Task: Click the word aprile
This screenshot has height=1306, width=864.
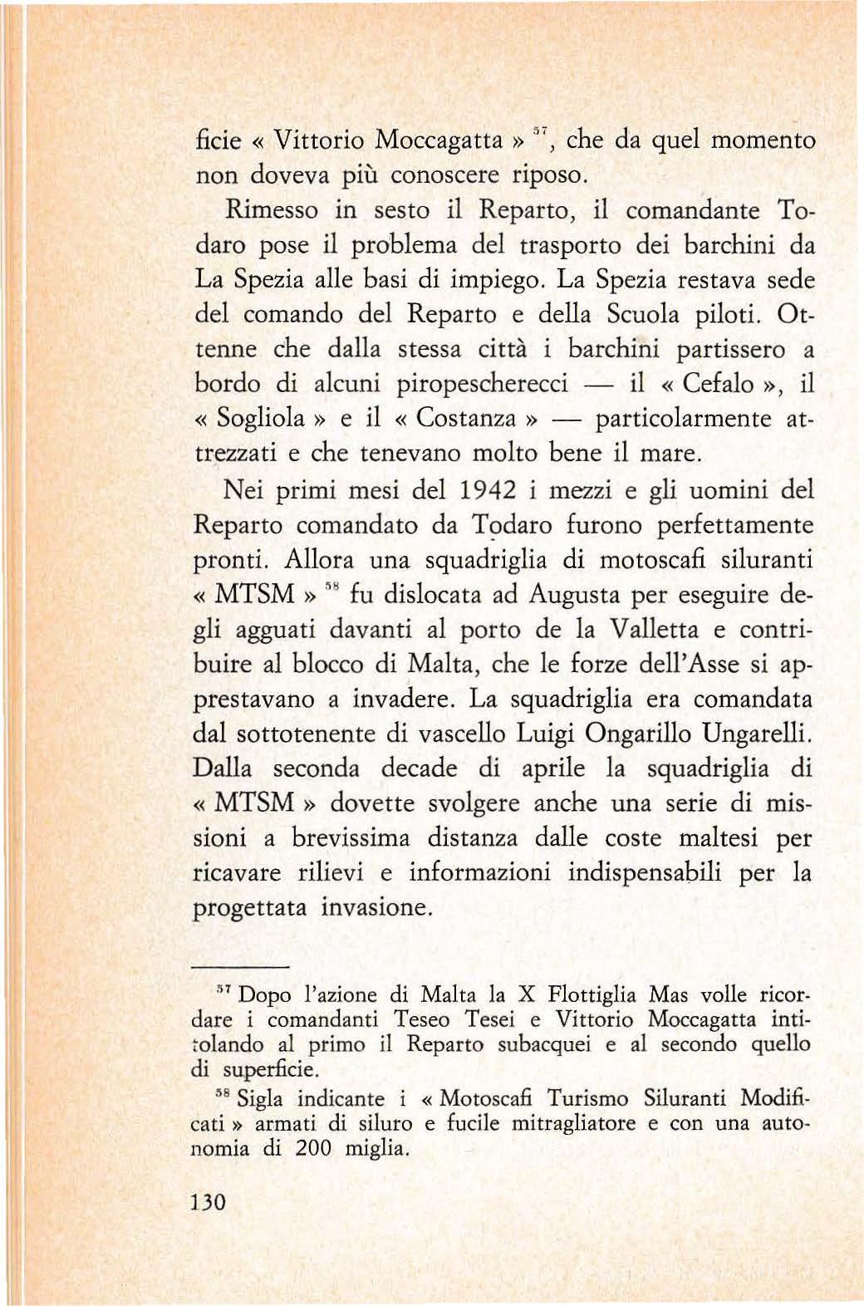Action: [553, 768]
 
